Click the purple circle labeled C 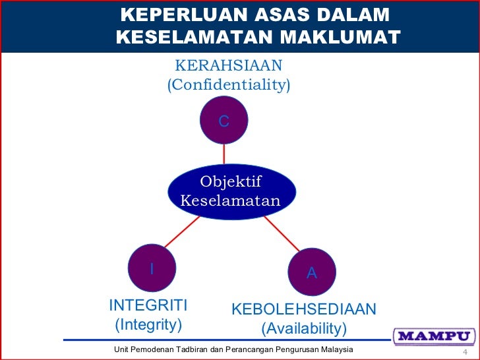click(x=224, y=121)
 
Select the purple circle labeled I click(x=152, y=269)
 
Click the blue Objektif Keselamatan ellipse click(x=231, y=191)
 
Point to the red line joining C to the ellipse click(x=224, y=154)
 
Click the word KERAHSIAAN click(x=228, y=65)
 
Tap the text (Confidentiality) click(x=228, y=85)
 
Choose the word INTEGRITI click(x=148, y=305)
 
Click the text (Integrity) click(x=148, y=324)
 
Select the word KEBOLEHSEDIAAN click(x=303, y=309)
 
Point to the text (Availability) click(x=303, y=328)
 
